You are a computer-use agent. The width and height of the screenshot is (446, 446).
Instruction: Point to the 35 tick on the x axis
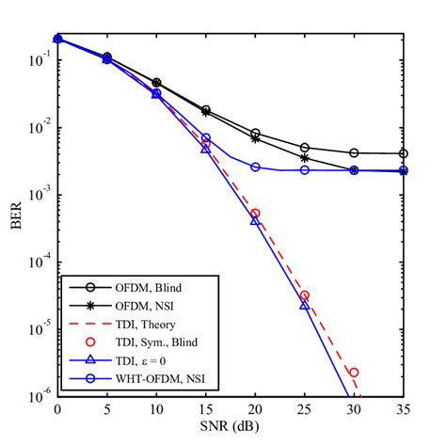click(404, 410)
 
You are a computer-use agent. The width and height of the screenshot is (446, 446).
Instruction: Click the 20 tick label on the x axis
click(255, 410)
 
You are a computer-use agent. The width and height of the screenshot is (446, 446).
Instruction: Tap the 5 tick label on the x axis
click(107, 410)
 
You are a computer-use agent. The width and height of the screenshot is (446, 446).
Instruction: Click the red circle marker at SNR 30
click(354, 373)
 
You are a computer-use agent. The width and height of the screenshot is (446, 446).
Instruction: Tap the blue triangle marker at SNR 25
click(305, 306)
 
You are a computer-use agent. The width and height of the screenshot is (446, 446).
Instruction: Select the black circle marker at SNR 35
click(404, 153)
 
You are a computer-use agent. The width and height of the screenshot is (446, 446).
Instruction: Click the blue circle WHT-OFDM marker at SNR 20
click(255, 167)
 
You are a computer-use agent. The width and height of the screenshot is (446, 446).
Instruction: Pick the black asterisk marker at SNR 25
click(305, 158)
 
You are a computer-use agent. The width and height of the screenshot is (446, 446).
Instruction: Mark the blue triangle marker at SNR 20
click(255, 221)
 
